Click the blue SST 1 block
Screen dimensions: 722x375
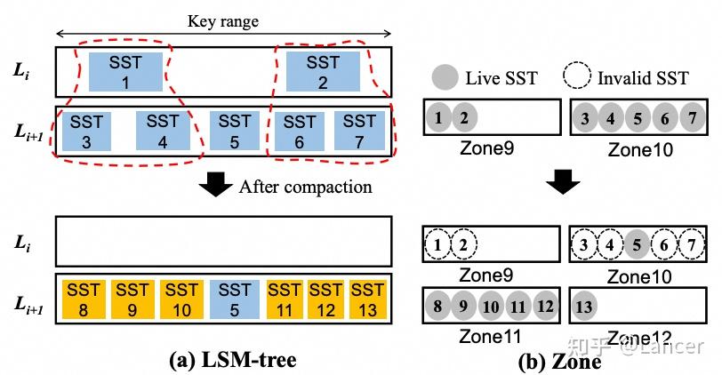(125, 72)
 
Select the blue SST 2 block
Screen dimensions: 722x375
(323, 72)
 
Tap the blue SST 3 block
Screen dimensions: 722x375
(86, 132)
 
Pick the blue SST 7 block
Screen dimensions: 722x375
(359, 132)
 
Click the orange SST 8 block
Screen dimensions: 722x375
(83, 299)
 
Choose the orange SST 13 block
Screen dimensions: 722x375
(367, 299)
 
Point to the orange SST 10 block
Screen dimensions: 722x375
(182, 299)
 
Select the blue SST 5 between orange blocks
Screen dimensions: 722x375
(235, 299)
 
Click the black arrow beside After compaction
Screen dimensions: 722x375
(215, 184)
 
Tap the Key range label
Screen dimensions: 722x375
(223, 21)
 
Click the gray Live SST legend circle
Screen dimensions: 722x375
(445, 76)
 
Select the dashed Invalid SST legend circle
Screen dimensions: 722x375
(576, 76)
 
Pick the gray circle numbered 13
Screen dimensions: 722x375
(584, 306)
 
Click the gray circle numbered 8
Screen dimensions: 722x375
(437, 306)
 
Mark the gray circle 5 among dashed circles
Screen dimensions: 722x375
(637, 244)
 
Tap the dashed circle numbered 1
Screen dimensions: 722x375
(437, 244)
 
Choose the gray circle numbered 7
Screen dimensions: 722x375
(692, 118)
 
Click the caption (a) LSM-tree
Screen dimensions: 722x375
(233, 360)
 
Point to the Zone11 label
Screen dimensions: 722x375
(490, 337)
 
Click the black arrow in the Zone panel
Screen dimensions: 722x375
(563, 181)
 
